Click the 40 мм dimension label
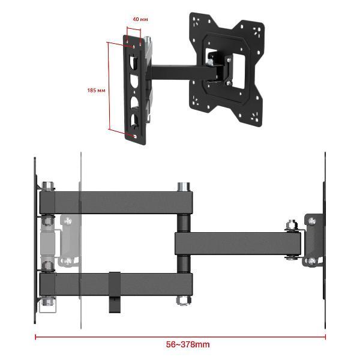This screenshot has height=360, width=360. pyautogui.click(x=140, y=19)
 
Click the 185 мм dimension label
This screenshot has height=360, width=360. pyautogui.click(x=96, y=90)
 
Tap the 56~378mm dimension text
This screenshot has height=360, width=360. pyautogui.click(x=188, y=344)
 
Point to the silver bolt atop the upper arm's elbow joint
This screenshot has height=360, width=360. pyautogui.click(x=184, y=187)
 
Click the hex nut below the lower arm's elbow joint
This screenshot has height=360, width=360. pyautogui.click(x=184, y=301)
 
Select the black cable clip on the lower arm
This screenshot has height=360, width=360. pyautogui.click(x=115, y=292)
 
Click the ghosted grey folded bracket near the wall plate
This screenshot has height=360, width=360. pyautogui.click(x=69, y=241)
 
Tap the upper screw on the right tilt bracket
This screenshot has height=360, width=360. pyautogui.click(x=312, y=221)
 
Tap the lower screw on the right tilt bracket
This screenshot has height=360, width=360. pyautogui.click(x=311, y=261)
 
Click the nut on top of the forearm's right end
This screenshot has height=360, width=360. pyautogui.click(x=292, y=225)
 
